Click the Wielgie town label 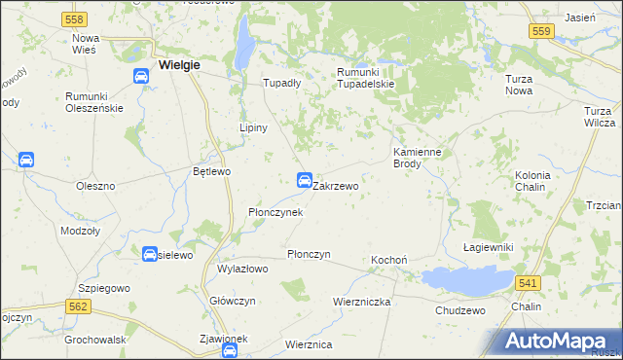pos(177,65)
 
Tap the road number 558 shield pos(72,19)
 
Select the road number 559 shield pos(542,32)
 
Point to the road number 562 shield pos(80,306)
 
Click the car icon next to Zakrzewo pos(304,180)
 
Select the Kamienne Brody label pos(420,158)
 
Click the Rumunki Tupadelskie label pos(364,78)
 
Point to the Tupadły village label pos(282,84)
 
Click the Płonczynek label pos(275,211)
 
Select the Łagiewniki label pos(488,248)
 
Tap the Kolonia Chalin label pos(532,181)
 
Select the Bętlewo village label pos(211,171)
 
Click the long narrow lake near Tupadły pos(246,44)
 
